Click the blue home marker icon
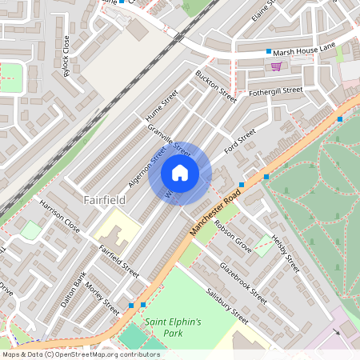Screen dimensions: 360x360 (180, 173)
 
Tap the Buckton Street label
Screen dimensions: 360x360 (216, 86)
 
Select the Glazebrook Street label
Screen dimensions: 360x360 (243, 281)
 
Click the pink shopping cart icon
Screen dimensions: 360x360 (276, 66)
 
